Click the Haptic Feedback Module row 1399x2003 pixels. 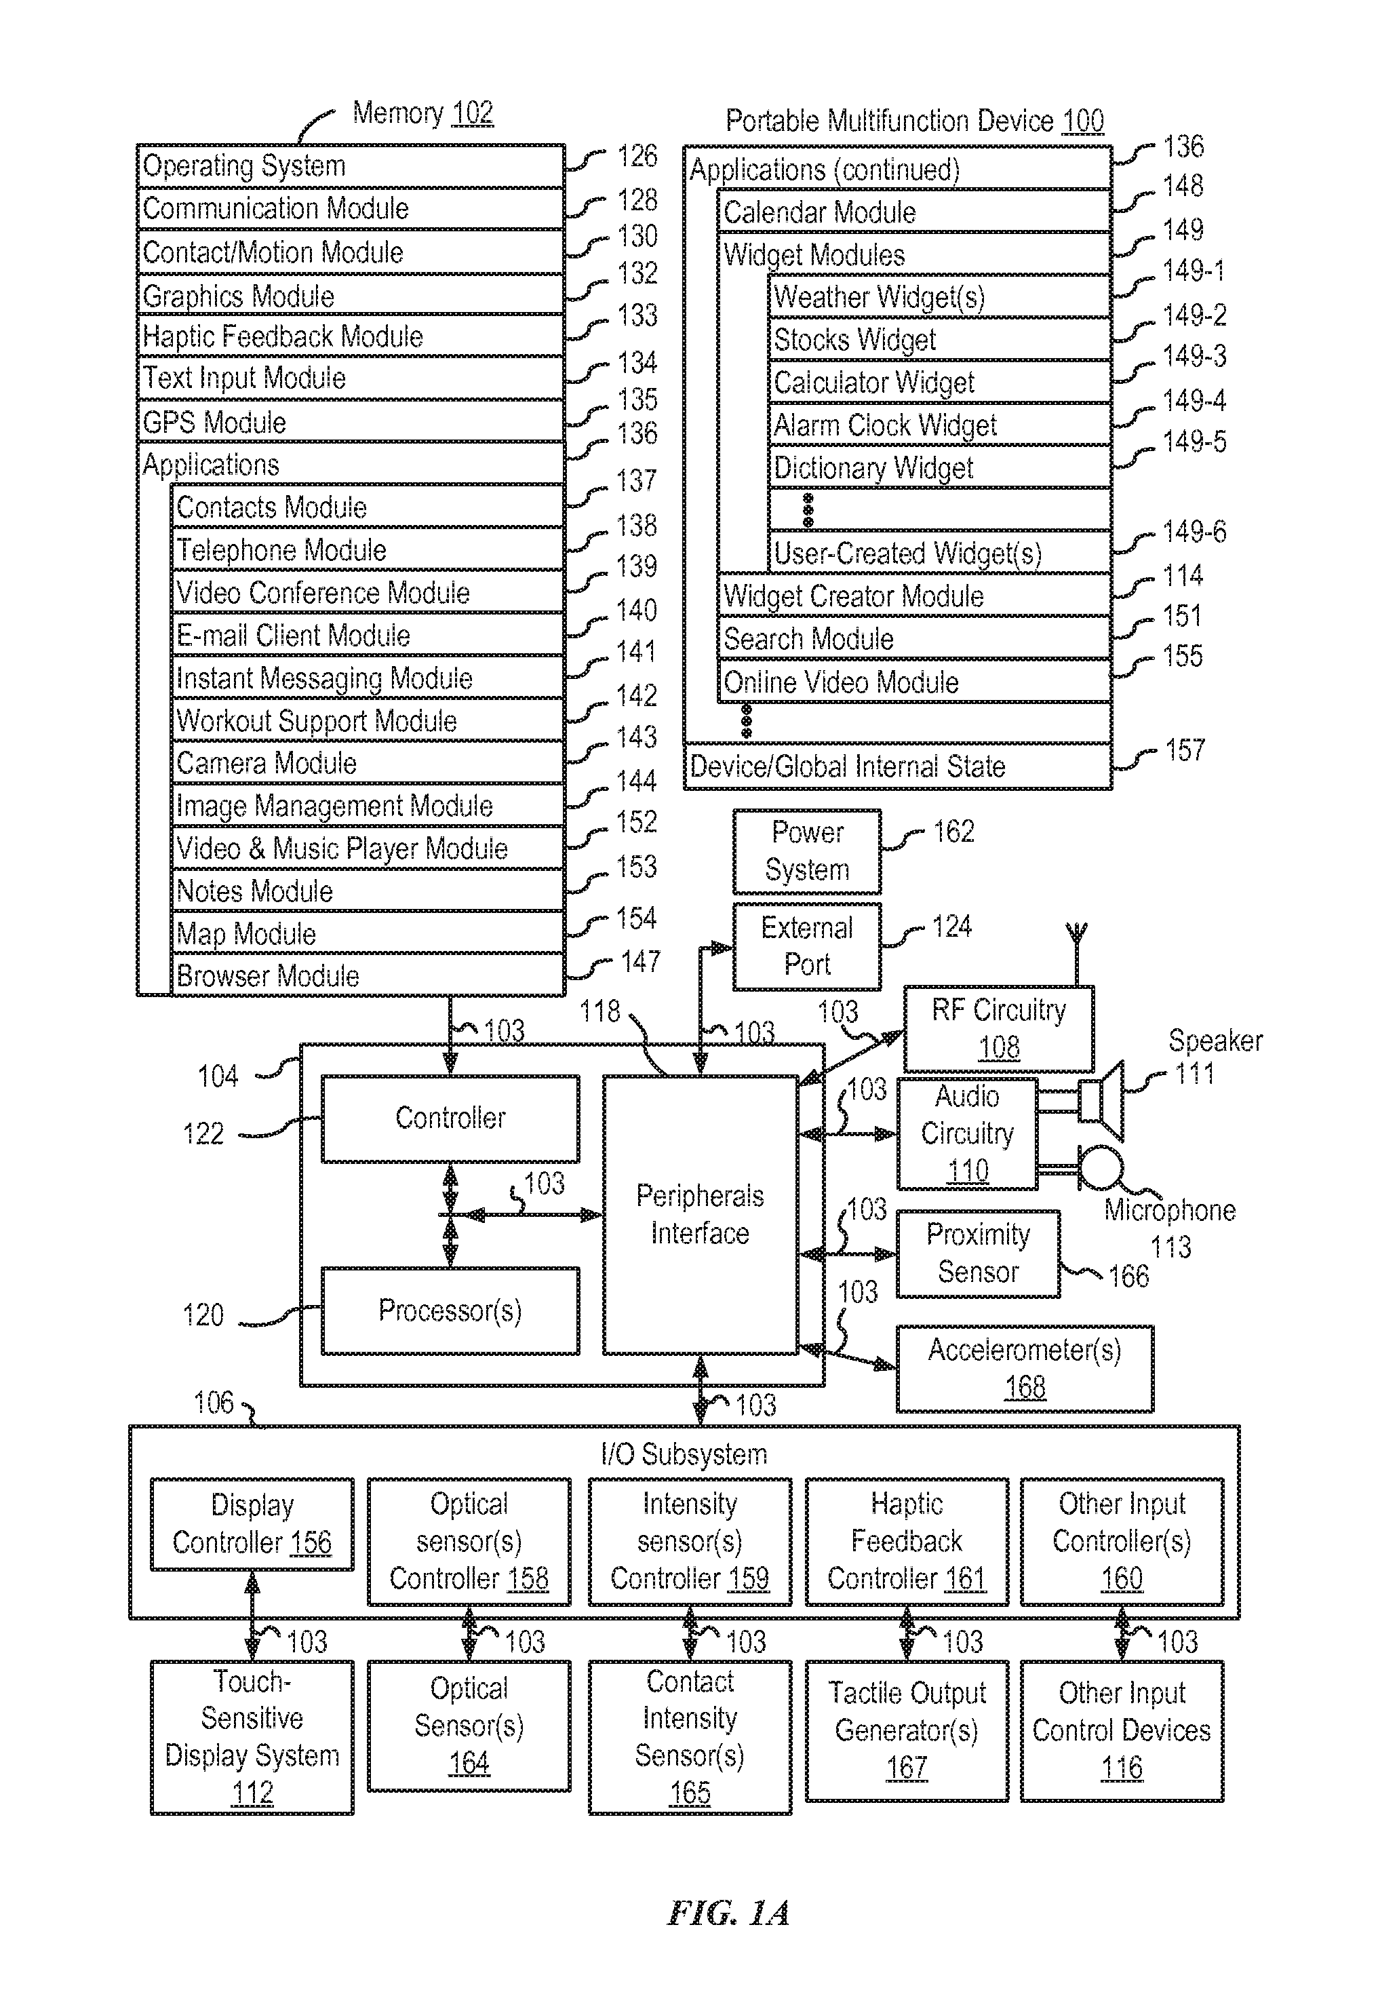coord(351,336)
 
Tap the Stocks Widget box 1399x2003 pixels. coord(939,339)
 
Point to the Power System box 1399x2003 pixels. coord(807,851)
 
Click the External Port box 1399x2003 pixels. coord(807,946)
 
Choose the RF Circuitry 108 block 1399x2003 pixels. coord(999,1028)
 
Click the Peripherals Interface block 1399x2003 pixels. coord(701,1214)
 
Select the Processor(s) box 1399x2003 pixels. coord(450,1310)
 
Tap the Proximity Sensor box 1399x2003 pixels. coord(979,1253)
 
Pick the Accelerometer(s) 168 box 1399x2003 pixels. coord(1025,1369)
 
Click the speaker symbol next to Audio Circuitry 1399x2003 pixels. coord(1101,1101)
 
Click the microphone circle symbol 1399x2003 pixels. coord(1101,1168)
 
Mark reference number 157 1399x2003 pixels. coord(1185,750)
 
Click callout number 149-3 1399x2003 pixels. coord(1194,356)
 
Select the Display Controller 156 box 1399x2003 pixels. coord(252,1524)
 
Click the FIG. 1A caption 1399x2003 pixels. coord(728,1914)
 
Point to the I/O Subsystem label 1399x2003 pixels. coord(684,1454)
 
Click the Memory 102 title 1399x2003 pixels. coord(423,113)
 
